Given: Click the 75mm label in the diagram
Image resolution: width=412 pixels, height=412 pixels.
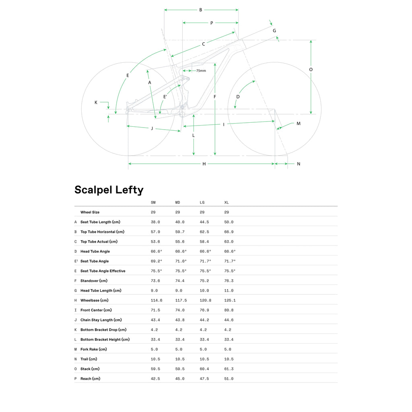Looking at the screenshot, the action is (x=201, y=71).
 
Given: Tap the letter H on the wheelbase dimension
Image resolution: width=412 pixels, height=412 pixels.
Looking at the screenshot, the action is (x=204, y=164).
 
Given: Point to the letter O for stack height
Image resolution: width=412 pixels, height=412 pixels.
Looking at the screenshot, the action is (x=311, y=70).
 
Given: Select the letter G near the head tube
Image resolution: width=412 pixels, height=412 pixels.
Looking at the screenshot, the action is (x=274, y=31).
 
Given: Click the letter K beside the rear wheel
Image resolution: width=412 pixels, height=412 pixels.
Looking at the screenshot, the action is (x=96, y=103).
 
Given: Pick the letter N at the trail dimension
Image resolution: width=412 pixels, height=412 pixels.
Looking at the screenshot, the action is (x=299, y=164).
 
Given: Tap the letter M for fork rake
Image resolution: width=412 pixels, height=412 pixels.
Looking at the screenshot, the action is (x=299, y=124).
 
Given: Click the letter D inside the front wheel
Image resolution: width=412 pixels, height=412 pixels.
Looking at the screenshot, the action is (x=238, y=97).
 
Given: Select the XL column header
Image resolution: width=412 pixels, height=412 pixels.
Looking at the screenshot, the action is (x=227, y=203).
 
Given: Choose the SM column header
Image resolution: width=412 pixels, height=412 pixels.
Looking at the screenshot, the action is (x=153, y=203).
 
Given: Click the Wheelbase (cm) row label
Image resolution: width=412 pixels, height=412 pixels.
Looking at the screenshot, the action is (x=94, y=300).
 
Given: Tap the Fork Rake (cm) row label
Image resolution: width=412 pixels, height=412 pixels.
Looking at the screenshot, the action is (x=93, y=349).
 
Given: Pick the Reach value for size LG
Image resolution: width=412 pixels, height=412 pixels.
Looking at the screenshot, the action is (x=204, y=379).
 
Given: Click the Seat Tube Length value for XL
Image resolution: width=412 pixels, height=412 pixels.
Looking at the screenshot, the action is (x=229, y=222).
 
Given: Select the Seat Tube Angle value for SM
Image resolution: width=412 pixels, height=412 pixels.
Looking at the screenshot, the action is (x=157, y=261).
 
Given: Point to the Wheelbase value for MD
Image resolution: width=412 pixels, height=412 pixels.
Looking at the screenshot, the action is (x=181, y=300).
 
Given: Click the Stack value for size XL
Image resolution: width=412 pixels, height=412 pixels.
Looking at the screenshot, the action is (x=229, y=369).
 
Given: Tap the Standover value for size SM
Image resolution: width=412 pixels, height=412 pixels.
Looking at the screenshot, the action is (x=155, y=281).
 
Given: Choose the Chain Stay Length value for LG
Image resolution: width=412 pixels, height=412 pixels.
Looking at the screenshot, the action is (x=204, y=320).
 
